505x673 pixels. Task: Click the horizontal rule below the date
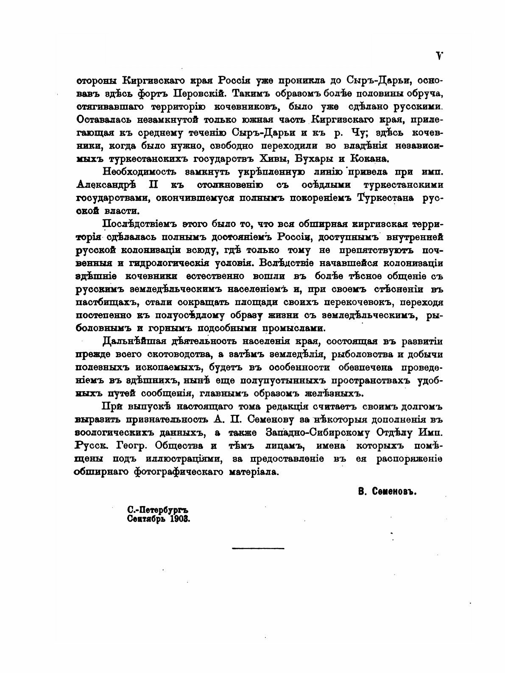(x=258, y=548)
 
